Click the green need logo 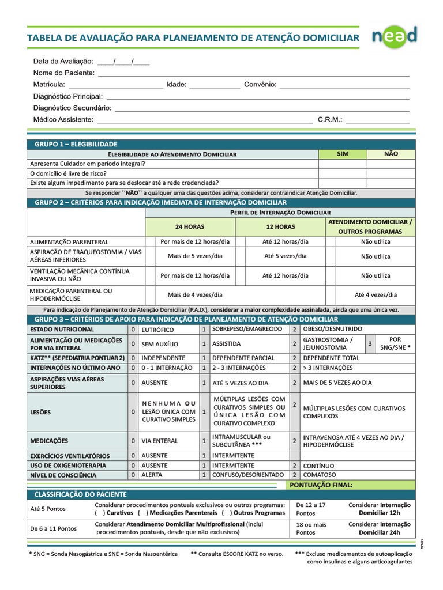(394, 37)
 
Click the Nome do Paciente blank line (254, 74)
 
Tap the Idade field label (176, 85)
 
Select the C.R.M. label (330, 120)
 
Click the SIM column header (343, 154)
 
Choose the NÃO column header (391, 154)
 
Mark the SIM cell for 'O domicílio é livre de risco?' (343, 173)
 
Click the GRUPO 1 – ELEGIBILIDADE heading (76, 144)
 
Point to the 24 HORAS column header (190, 226)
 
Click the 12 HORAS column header (280, 226)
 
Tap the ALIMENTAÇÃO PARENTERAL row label (69, 242)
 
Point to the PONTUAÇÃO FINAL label (325, 485)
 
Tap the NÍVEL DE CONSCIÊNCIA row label (63, 475)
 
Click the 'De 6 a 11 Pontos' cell (53, 528)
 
